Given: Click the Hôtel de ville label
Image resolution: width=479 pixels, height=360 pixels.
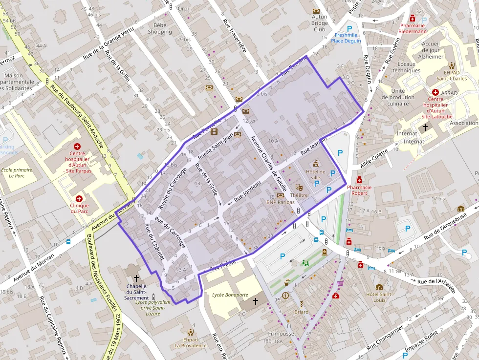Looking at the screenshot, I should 315,175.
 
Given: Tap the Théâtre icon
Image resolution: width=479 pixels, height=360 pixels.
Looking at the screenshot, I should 299,187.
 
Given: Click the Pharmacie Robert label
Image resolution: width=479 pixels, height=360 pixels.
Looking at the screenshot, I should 359,190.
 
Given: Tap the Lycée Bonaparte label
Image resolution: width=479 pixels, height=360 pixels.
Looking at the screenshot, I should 230,295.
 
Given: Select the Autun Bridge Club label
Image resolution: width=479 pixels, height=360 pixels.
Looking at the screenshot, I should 320,23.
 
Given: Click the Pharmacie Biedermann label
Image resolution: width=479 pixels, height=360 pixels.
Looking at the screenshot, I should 413,28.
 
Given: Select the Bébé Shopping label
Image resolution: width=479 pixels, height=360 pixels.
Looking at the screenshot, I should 160,28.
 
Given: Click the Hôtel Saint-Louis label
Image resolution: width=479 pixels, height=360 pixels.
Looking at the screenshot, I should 379,297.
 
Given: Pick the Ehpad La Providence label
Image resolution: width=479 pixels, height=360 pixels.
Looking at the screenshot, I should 191,342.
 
